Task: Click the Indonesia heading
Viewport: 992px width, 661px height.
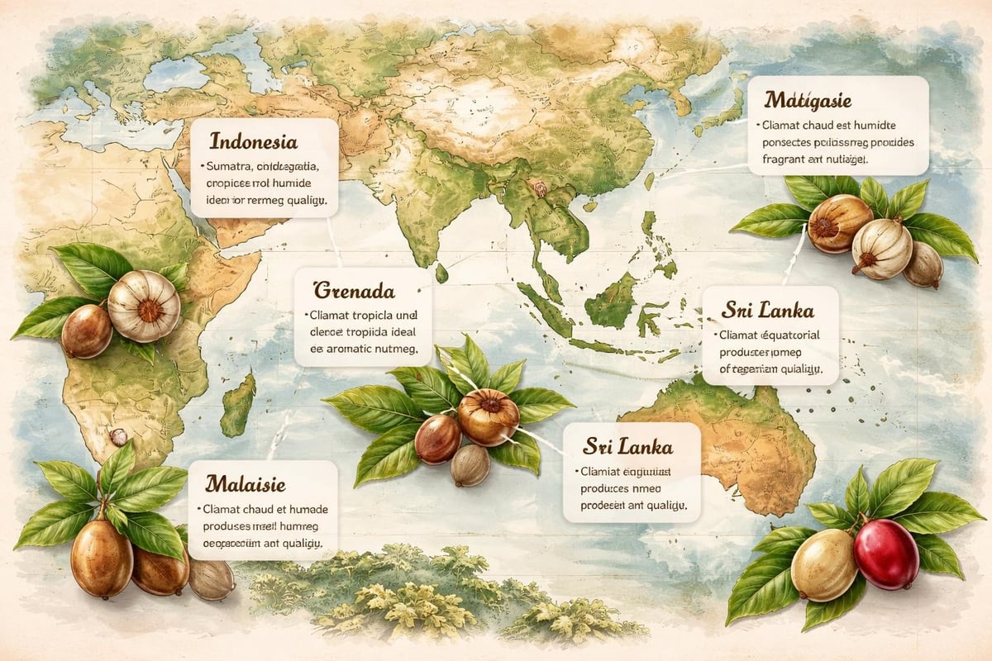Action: pos(253,141)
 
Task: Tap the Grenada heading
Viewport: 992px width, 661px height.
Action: pos(353,290)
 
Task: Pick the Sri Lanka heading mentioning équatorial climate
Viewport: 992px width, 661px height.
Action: pos(767,311)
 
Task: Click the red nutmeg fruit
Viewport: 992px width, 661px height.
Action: pos(885,554)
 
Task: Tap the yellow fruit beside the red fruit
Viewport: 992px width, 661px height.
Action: pos(823,564)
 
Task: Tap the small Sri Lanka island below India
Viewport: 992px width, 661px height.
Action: pos(442,272)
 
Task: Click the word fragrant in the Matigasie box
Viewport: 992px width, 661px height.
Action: pos(780,157)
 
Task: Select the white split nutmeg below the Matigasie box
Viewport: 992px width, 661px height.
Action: pos(881,250)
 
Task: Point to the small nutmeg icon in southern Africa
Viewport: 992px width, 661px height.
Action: pos(118,437)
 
